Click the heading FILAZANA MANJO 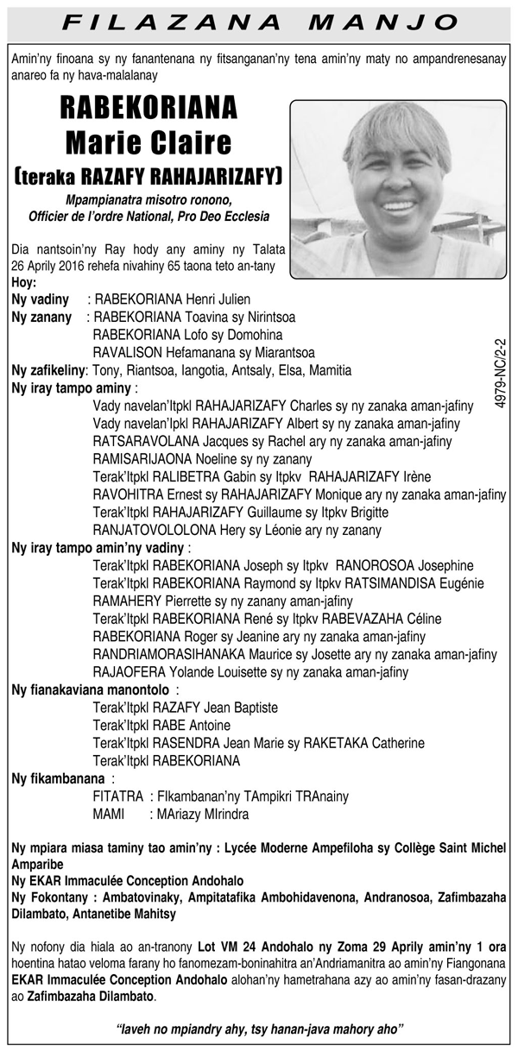[259, 21]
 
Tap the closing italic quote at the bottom [259, 1028]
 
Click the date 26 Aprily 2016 [55, 265]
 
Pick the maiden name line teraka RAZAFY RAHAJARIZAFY [148, 177]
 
